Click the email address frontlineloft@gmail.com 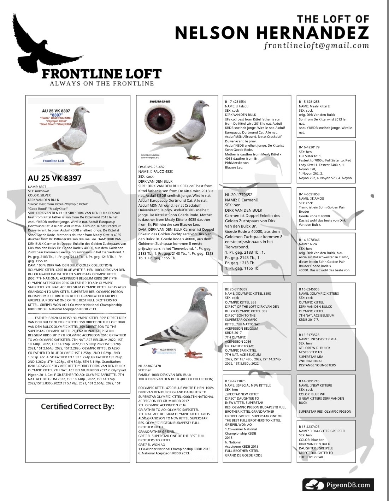coord(316,46)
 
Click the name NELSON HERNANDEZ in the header coord(272,33)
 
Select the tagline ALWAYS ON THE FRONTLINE coord(102,84)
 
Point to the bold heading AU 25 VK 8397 coord(54,178)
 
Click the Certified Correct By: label coord(77,407)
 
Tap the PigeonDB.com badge coord(338,485)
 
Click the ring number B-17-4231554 coord(235,102)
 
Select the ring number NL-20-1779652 coord(238,195)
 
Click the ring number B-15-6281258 coord(309,102)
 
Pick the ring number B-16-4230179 coord(309,147)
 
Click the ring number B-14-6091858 coord(309,194)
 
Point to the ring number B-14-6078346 coord(309,240)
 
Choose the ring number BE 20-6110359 coord(236,289)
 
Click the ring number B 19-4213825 coord(236,381)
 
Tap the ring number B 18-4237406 coord(309,427)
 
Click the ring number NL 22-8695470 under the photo coord(149,366)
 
